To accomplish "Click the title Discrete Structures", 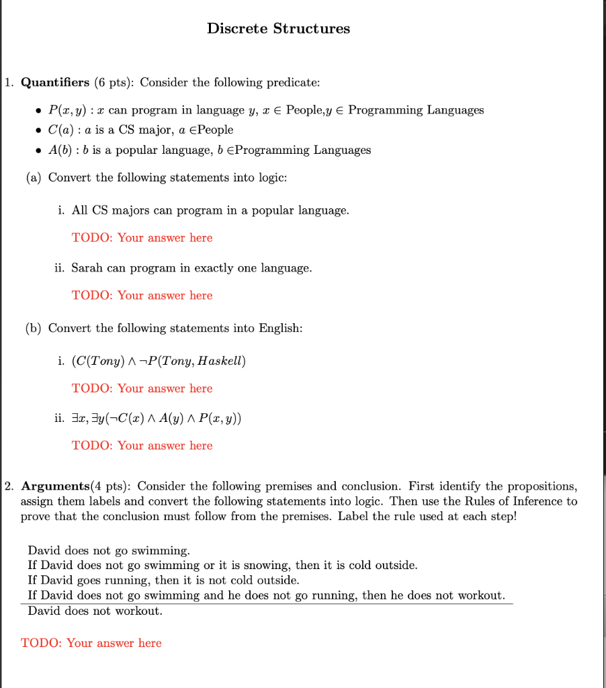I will point(278,28).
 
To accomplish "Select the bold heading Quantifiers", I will point(55,83).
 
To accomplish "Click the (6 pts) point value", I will point(114,83).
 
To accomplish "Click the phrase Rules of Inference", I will point(511,501).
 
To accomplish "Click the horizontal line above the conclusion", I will point(269,603).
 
